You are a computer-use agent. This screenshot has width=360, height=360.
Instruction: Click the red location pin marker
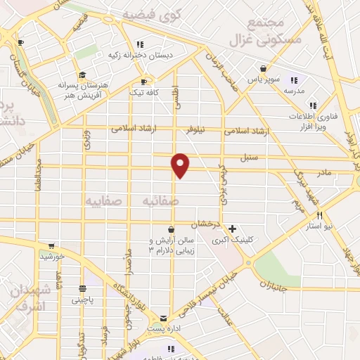[x=181, y=165]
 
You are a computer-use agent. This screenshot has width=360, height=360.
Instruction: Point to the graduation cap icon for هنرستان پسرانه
[x=82, y=75]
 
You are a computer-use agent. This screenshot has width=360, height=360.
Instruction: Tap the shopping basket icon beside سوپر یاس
[x=263, y=69]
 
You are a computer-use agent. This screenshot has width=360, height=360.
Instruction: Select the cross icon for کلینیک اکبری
[x=233, y=229]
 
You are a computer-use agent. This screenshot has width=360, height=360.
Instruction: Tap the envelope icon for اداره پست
[x=163, y=319]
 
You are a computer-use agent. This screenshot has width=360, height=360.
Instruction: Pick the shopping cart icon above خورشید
[x=51, y=247]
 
